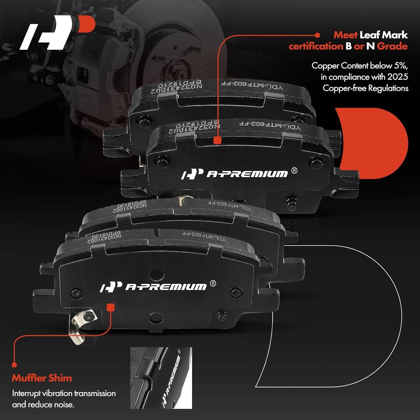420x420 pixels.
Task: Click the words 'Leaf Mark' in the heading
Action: (x=384, y=35)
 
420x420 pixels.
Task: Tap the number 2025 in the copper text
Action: (x=398, y=77)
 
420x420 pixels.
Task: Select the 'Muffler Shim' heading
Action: (x=42, y=378)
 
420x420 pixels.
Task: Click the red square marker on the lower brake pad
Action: (x=111, y=307)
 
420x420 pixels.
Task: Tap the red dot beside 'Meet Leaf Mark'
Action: (x=317, y=35)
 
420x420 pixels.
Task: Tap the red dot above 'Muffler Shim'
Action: (x=14, y=365)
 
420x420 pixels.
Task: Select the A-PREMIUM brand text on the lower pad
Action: (x=166, y=287)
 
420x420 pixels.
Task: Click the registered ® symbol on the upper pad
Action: (x=294, y=171)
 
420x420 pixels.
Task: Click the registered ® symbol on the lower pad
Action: (x=213, y=284)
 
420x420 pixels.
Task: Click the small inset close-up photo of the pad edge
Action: (x=161, y=378)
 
